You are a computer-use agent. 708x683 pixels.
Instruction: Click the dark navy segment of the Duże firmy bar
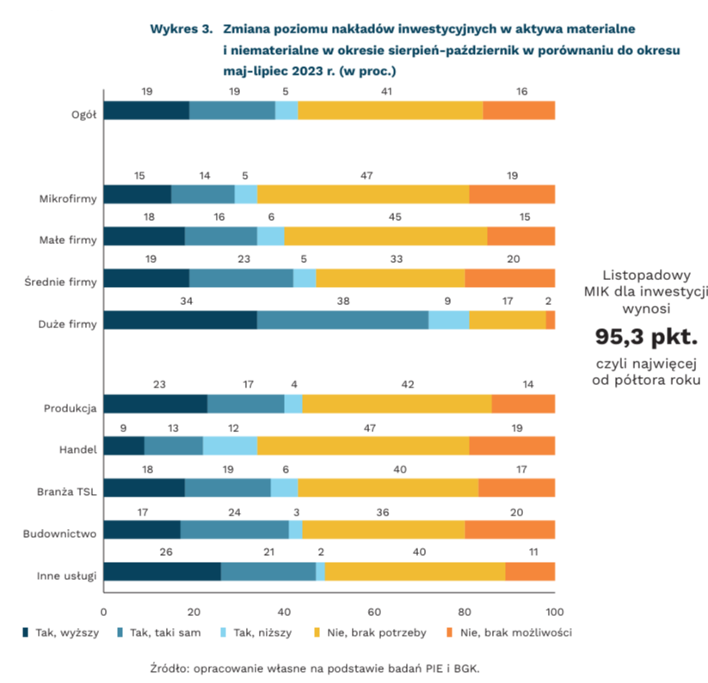tap(180, 320)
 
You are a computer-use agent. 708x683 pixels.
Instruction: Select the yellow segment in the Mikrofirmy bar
tap(363, 195)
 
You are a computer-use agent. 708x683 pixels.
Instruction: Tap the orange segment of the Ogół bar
tap(519, 110)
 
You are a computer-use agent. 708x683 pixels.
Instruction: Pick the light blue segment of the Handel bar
tap(230, 446)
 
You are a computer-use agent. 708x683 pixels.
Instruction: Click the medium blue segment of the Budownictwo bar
tap(234, 530)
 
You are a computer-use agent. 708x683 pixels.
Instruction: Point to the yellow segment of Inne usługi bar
tap(415, 572)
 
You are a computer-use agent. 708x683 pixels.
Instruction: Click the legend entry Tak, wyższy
tap(60, 633)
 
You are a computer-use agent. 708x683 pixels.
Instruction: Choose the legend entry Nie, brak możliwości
tap(509, 633)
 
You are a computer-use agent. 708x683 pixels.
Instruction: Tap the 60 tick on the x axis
tap(374, 612)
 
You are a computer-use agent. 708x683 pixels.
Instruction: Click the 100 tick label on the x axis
tap(555, 612)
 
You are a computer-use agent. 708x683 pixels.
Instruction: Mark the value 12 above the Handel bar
tap(234, 428)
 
